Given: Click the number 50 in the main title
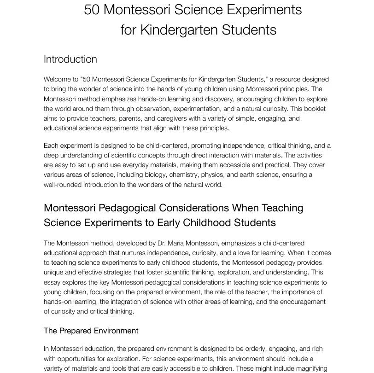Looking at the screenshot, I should [x=91, y=10].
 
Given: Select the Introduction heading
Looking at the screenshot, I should [x=70, y=59].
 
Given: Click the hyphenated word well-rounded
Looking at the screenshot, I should [x=65, y=185].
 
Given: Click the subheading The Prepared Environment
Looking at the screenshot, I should [x=91, y=331].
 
